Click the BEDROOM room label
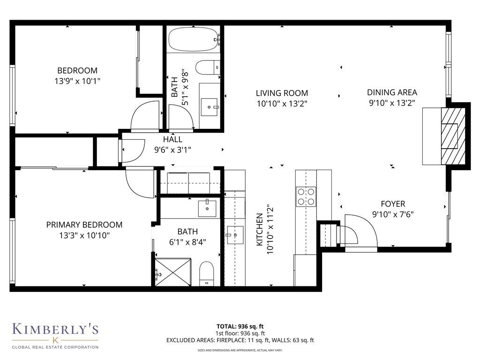click(77, 71)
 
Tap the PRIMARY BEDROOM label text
click(84, 225)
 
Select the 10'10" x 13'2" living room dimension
click(282, 103)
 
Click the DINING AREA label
click(392, 93)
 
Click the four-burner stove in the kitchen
click(306, 196)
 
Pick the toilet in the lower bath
click(207, 275)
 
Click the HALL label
click(172, 140)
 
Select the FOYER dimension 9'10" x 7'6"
click(393, 215)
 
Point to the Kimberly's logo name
click(55, 330)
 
